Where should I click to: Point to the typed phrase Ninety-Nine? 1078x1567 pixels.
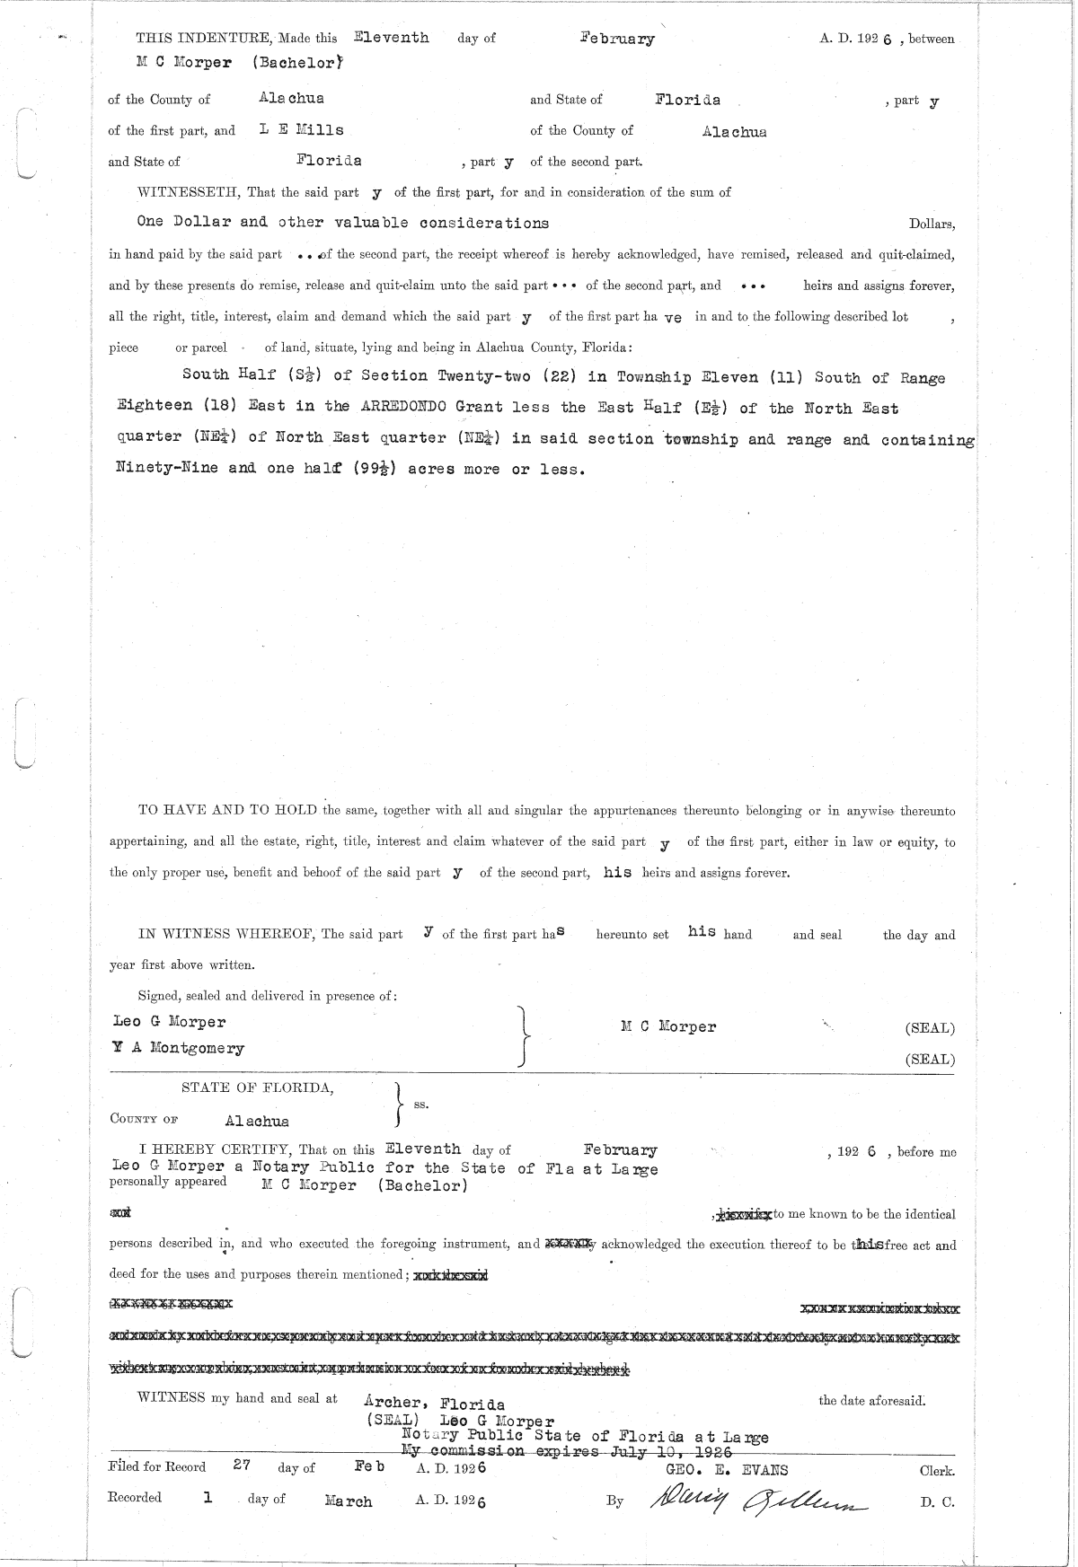(167, 468)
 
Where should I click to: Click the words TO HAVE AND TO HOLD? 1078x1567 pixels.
(227, 811)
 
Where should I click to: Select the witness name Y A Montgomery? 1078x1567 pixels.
(179, 1048)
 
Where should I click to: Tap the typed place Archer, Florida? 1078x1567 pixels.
(434, 1404)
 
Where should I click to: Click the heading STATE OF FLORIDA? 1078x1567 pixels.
(258, 1088)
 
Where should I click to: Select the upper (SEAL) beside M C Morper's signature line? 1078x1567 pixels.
(930, 1029)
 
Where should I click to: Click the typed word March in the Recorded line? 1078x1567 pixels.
(348, 1501)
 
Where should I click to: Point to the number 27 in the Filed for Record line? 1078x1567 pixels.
(241, 1465)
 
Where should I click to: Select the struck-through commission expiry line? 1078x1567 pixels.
(567, 1452)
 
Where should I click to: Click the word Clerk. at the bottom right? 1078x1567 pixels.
(937, 1472)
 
